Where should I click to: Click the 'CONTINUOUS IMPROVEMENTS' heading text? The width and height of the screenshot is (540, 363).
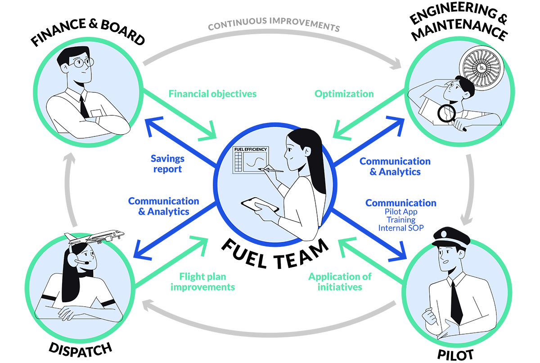[x=274, y=24]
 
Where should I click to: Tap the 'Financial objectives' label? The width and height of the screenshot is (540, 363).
[x=212, y=94]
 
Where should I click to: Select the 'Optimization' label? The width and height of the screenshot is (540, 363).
[x=344, y=94]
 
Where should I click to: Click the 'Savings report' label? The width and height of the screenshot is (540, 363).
[x=167, y=164]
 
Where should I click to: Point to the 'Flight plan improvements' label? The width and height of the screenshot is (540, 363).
[x=202, y=281]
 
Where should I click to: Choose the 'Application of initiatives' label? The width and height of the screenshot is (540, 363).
[x=340, y=281]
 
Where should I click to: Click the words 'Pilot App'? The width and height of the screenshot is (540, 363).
[x=400, y=212]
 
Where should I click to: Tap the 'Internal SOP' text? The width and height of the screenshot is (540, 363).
[x=400, y=228]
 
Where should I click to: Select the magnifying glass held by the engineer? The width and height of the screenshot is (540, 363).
[x=447, y=114]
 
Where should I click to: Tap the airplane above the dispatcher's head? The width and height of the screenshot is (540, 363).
[x=97, y=237]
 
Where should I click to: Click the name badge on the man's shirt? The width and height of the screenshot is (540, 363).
[x=96, y=113]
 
